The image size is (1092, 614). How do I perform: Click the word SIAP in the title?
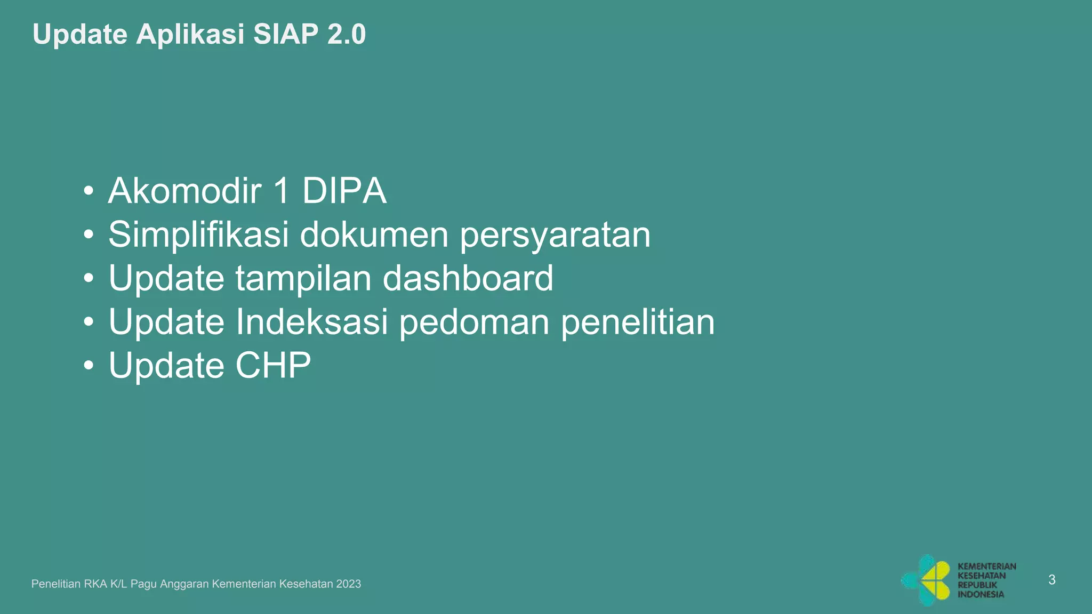286,35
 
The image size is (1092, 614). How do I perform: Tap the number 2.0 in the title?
347,35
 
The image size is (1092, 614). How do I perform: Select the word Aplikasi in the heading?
190,35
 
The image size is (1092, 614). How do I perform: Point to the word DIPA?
344,191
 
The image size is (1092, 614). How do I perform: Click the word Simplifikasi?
198,235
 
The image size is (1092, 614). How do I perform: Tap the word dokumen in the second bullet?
374,235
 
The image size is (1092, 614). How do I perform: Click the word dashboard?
468,278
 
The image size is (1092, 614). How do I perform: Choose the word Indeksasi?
312,322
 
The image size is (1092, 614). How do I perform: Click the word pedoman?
475,322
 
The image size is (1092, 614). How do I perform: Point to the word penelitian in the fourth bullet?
638,322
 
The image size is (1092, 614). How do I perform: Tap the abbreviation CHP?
273,366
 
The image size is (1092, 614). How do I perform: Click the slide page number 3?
1051,580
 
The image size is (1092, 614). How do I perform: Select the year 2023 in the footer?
349,584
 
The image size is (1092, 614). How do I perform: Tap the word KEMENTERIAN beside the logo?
986,567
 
